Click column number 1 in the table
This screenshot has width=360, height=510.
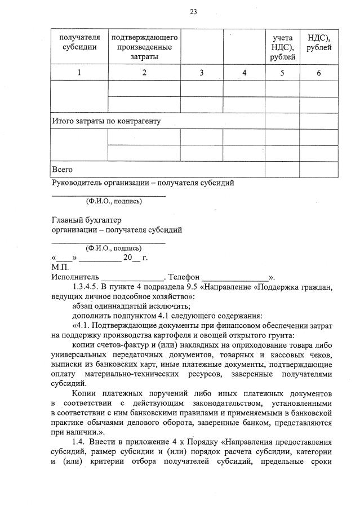click(79, 72)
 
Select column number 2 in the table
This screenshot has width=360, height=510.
click(145, 72)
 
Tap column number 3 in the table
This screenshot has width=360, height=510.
click(202, 72)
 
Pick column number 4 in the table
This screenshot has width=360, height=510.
click(244, 72)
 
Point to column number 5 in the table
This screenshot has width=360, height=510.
click(282, 72)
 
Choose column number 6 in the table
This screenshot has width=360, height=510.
click(319, 72)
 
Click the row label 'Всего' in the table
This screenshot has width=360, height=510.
click(62, 169)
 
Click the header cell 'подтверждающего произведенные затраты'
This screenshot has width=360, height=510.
click(145, 47)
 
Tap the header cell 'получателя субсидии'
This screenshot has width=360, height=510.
click(79, 42)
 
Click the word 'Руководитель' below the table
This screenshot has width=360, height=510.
click(76, 183)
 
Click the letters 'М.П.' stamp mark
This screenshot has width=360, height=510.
click(60, 267)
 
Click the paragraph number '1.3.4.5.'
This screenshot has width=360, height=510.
click(90, 286)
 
